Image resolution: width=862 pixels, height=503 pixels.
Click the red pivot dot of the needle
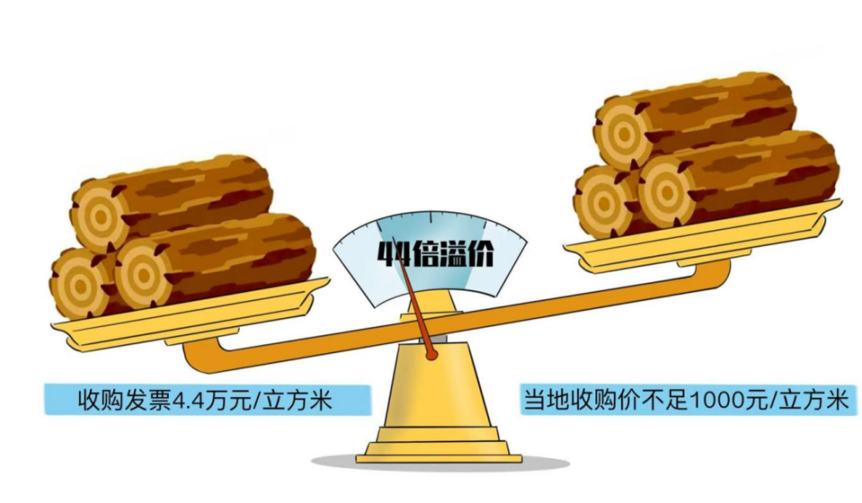433,355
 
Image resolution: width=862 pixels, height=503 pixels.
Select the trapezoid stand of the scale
433,386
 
